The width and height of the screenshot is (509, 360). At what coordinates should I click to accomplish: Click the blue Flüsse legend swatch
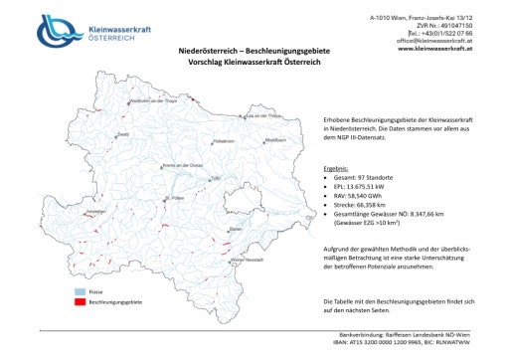70,289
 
